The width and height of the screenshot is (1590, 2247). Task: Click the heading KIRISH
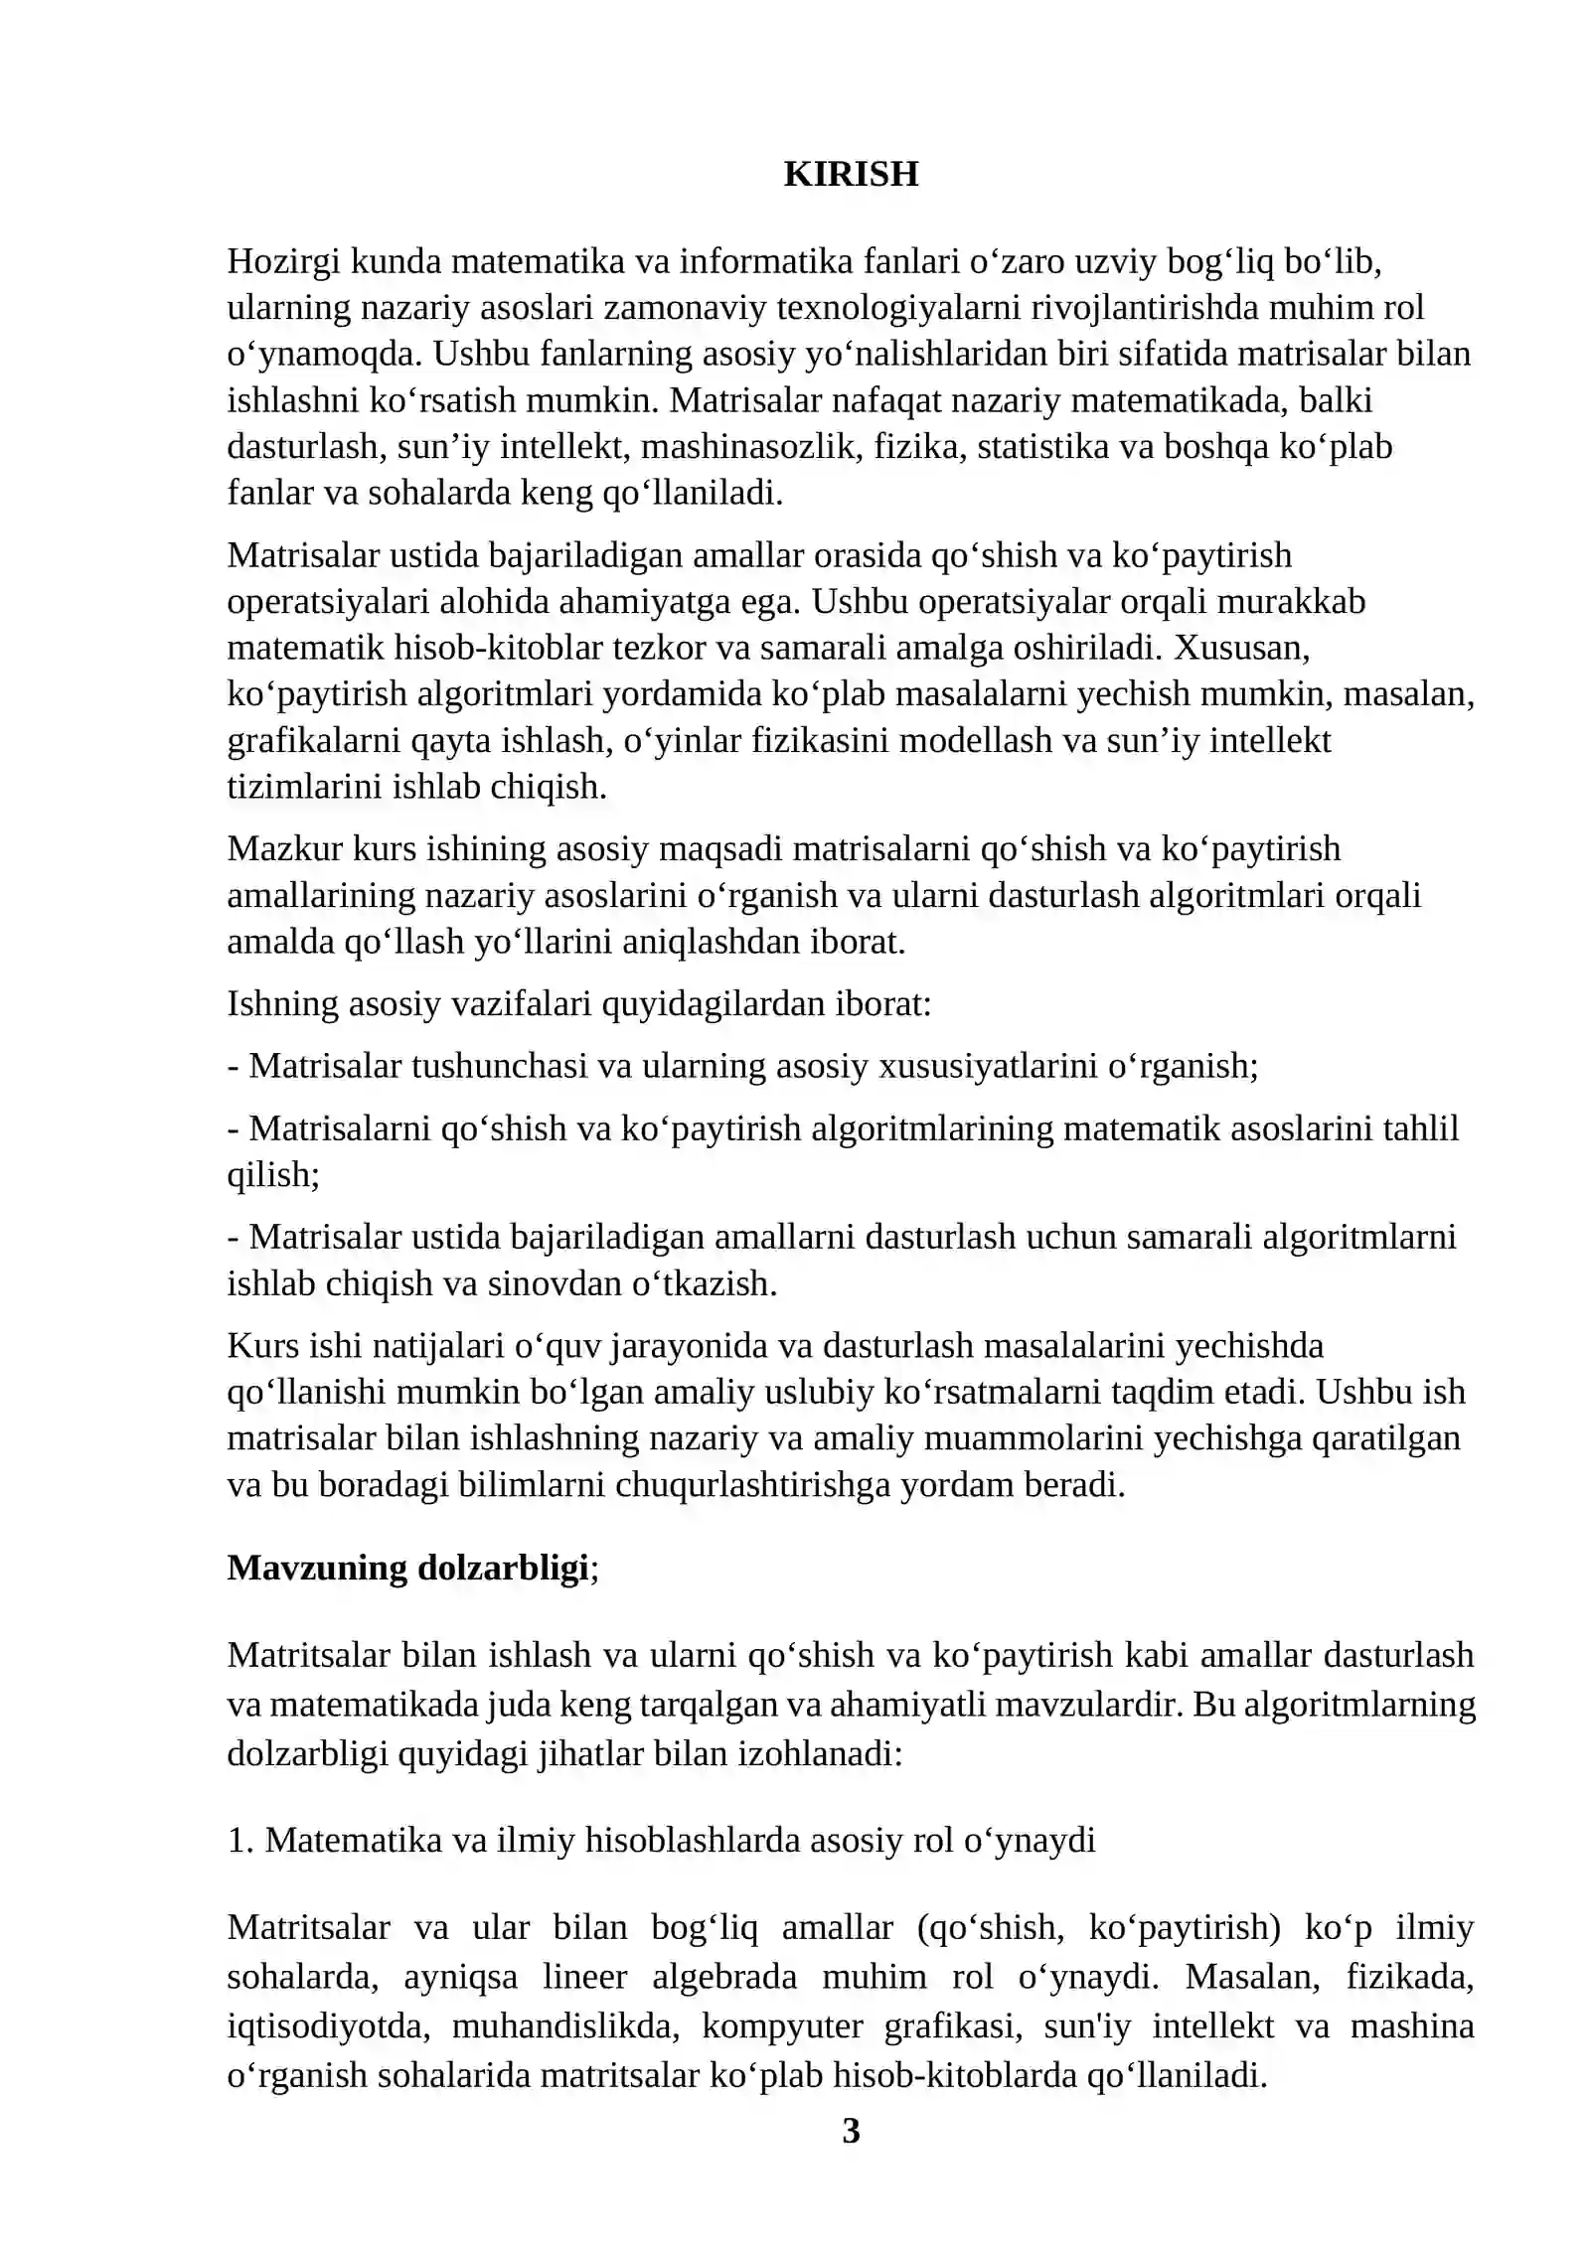(851, 174)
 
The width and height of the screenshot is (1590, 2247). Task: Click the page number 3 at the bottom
(851, 2131)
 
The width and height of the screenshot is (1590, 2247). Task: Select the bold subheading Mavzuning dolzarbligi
(407, 1568)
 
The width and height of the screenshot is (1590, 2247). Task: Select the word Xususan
(1241, 648)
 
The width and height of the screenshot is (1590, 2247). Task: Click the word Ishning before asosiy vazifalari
(282, 1004)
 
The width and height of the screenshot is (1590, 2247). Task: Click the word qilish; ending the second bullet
(273, 1175)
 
